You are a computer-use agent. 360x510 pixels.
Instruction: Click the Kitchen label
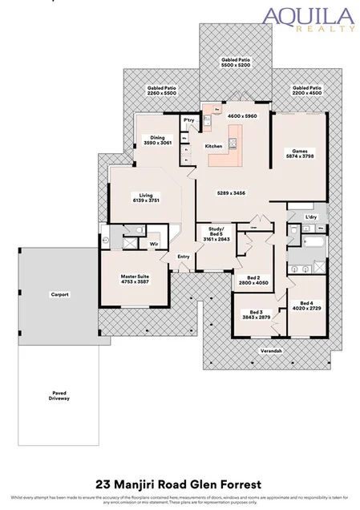pyautogui.click(x=213, y=146)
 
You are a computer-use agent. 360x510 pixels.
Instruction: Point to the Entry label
pyautogui.click(x=184, y=257)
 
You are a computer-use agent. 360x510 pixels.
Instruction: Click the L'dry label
pyautogui.click(x=312, y=218)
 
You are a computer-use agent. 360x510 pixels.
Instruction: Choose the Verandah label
pyautogui.click(x=271, y=351)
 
